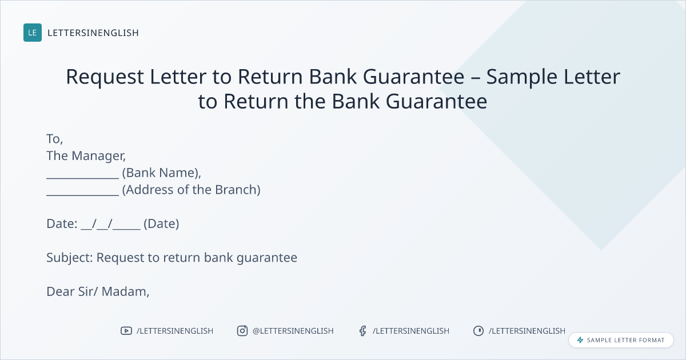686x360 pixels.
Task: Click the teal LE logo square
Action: coord(33,33)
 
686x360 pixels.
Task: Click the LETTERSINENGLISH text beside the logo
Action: coord(93,33)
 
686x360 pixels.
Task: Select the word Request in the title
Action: coord(105,77)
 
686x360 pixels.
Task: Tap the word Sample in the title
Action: coord(521,77)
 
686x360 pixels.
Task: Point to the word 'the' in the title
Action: coord(310,101)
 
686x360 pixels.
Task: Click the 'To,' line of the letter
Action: coord(54,139)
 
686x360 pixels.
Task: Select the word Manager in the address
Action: coord(98,156)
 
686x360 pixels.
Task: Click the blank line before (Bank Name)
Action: coord(82,178)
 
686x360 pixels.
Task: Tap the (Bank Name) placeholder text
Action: coord(161,173)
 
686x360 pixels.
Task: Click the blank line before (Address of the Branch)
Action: coord(82,195)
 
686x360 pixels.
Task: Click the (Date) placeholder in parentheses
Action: coord(161,224)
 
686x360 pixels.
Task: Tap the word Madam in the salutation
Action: coord(125,292)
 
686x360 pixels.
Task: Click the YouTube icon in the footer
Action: coord(126,331)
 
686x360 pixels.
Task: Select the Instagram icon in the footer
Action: coord(242,331)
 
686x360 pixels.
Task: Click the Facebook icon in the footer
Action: coord(362,331)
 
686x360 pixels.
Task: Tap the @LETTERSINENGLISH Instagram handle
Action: coord(293,331)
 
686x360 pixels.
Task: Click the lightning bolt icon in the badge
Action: coord(580,340)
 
